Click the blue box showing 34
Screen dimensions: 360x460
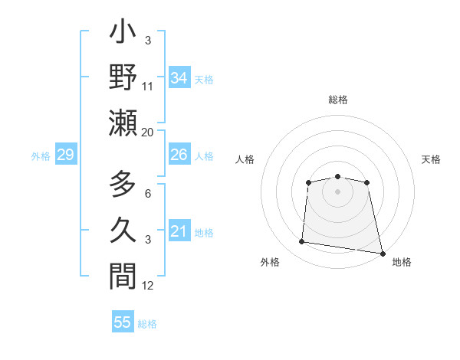(179, 77)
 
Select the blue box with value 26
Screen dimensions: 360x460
(179, 155)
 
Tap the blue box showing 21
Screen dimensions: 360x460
(179, 231)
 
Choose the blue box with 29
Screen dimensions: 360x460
(65, 155)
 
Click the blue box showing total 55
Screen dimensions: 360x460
(123, 322)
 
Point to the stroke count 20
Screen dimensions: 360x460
(148, 132)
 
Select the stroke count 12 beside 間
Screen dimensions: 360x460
(148, 285)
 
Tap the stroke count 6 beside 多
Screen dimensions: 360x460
(148, 195)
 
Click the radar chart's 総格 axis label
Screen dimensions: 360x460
(338, 100)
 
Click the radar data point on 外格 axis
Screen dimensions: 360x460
(302, 242)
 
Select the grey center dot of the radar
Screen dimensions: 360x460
(338, 191)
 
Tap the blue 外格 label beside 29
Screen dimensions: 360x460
(41, 156)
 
